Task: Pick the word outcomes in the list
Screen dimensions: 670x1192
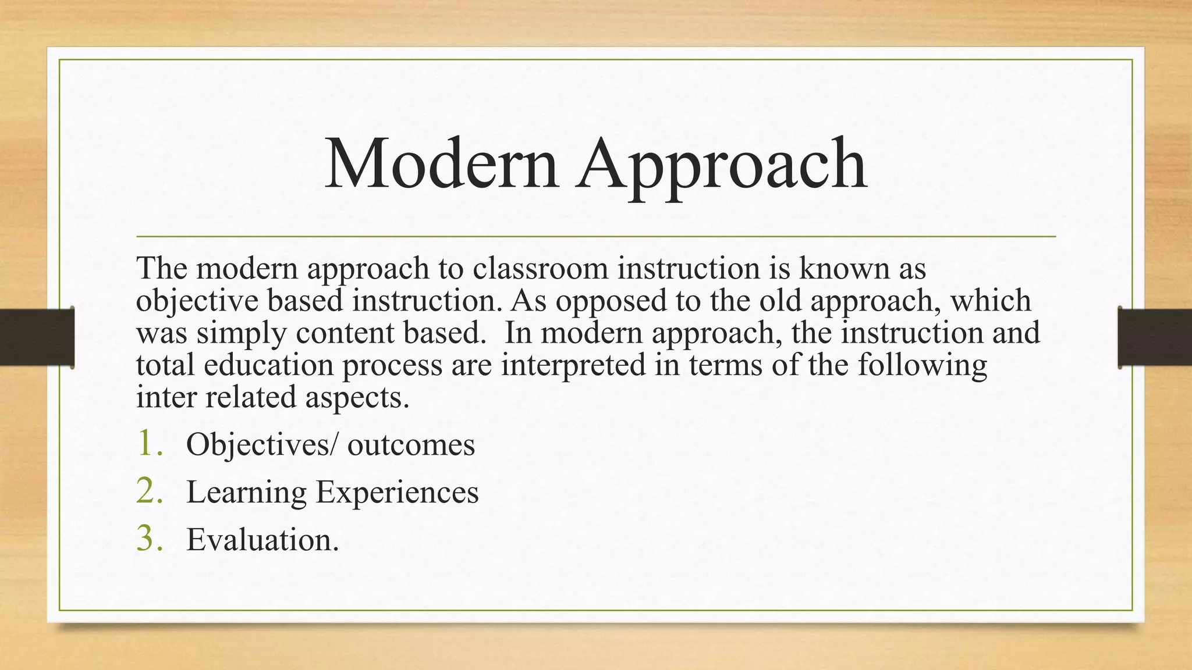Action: click(411, 446)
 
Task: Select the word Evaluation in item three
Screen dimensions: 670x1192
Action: click(261, 540)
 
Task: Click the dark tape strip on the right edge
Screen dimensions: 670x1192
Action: click(1155, 337)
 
